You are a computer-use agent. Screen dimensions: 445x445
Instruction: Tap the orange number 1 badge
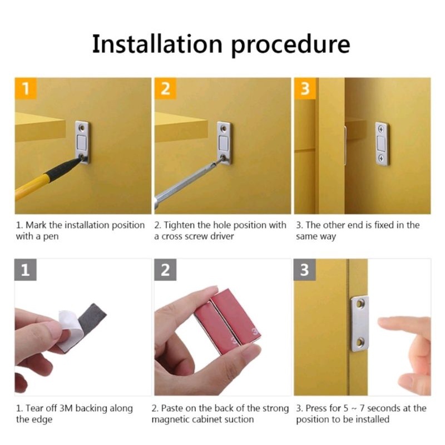coord(26,89)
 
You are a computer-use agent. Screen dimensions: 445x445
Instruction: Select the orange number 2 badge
coord(165,89)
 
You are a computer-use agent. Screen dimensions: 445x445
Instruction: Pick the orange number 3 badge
coord(305,89)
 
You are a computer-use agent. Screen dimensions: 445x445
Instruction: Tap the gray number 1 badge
coord(26,271)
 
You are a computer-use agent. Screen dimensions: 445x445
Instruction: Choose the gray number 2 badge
coord(165,271)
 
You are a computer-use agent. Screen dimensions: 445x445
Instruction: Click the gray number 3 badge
coord(305,271)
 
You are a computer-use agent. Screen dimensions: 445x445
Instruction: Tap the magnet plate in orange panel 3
coord(382,143)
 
